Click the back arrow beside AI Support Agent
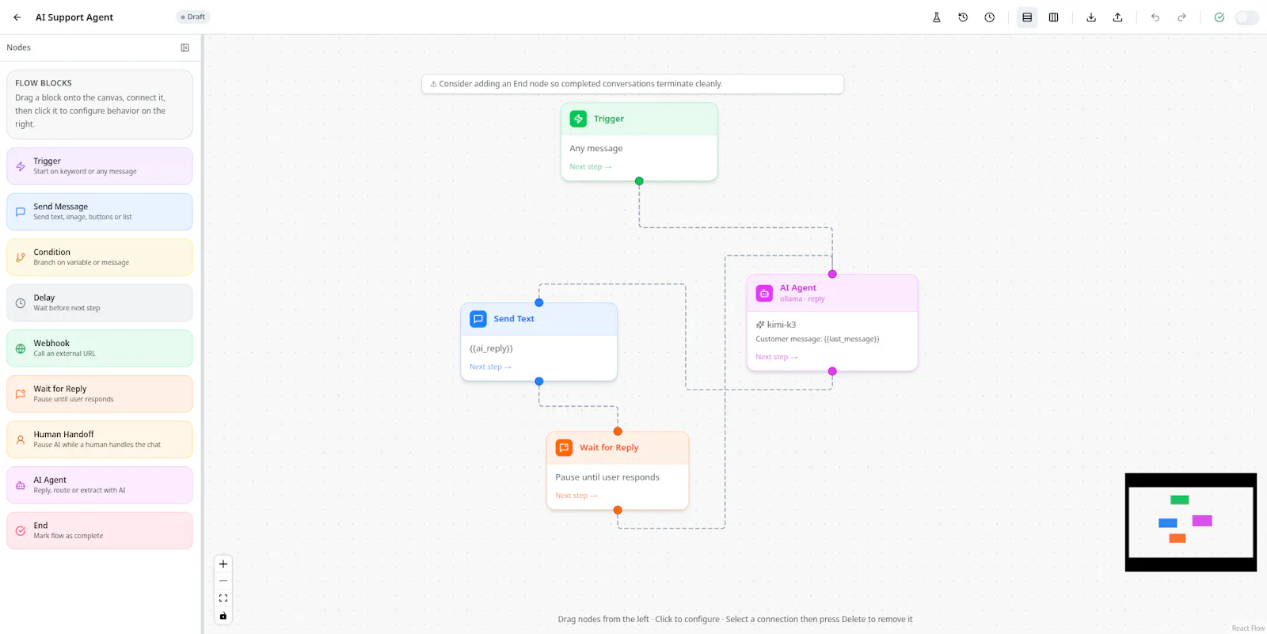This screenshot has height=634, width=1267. click(x=17, y=17)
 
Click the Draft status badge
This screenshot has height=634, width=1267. click(x=193, y=17)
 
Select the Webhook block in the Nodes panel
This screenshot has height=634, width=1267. click(x=100, y=347)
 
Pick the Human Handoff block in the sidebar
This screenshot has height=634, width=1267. click(x=100, y=438)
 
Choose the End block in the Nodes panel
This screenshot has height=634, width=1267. click(x=100, y=530)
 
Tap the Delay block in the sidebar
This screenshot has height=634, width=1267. click(x=100, y=302)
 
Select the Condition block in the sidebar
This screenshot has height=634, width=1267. click(x=100, y=256)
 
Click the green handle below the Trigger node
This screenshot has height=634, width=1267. click(x=639, y=181)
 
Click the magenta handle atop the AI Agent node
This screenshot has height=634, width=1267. click(x=832, y=274)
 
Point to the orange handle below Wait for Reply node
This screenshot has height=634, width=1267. click(x=618, y=510)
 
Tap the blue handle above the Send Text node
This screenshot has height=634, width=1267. click(x=539, y=302)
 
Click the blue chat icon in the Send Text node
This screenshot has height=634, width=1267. click(x=478, y=319)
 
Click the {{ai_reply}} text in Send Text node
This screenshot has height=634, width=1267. click(x=491, y=348)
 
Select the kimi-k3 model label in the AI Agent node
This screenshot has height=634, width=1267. click(x=781, y=325)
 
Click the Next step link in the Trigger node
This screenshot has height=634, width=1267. click(x=591, y=167)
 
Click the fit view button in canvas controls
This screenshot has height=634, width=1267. click(x=223, y=598)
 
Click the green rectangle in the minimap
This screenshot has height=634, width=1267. click(x=1179, y=500)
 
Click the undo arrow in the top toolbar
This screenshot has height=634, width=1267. click(x=1155, y=17)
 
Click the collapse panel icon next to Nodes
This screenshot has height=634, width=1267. click(x=185, y=47)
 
